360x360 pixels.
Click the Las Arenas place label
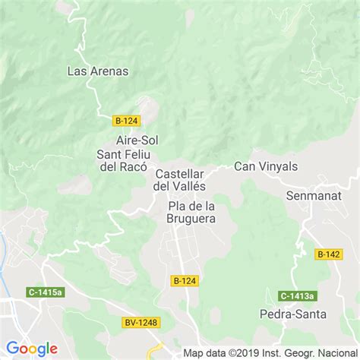tap(98, 71)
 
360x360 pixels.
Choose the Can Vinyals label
tap(265, 166)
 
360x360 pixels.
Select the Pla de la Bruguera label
tap(191, 212)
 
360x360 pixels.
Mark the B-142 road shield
tap(329, 254)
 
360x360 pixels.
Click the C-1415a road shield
tap(45, 292)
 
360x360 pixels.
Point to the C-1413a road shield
tap(296, 295)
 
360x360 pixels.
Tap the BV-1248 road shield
tap(141, 323)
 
